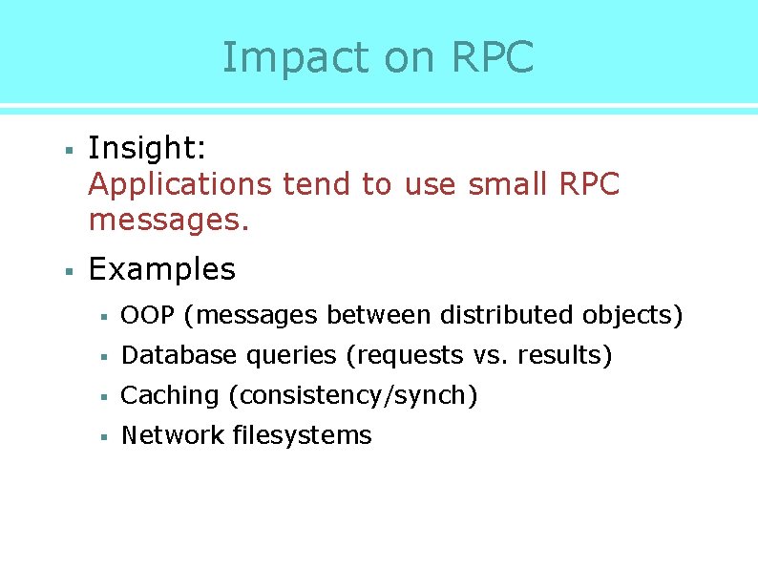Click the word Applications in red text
point(180,184)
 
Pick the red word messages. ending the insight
point(168,221)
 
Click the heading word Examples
point(161,269)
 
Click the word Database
point(179,355)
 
